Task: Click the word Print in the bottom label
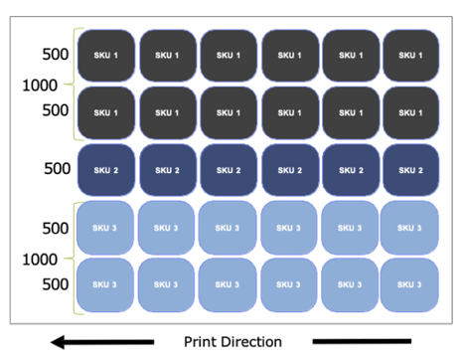[x=202, y=342]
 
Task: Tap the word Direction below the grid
[x=251, y=342]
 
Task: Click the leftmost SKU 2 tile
[x=106, y=170]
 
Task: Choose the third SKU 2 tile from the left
[x=228, y=170]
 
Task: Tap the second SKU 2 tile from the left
[x=167, y=170]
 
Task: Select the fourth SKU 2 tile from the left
[x=289, y=170]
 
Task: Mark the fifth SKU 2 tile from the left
[x=349, y=170]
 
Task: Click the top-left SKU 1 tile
[x=106, y=56]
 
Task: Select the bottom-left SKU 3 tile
[x=105, y=285]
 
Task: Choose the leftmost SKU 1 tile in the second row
[x=106, y=112]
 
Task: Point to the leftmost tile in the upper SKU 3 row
[x=105, y=228]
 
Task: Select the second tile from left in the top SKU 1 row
[x=167, y=56]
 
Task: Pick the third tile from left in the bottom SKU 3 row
[x=228, y=285]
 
